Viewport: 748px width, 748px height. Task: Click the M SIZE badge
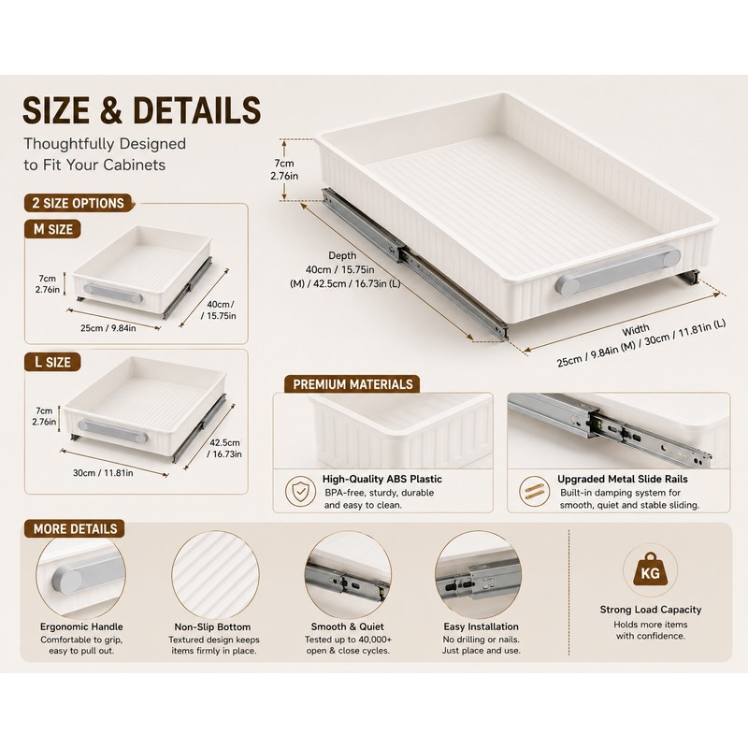[52, 229]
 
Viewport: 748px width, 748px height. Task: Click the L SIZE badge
[52, 362]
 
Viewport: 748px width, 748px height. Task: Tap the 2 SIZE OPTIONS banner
[79, 203]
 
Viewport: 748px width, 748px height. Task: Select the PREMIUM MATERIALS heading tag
[352, 384]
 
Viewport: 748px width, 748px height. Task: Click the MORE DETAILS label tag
[75, 528]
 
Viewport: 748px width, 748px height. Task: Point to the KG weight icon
[650, 570]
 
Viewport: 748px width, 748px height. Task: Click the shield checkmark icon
[300, 492]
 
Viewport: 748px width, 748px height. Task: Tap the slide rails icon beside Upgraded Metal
[534, 492]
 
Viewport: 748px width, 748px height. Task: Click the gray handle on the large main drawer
[618, 270]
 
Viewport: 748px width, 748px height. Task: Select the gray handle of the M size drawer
[113, 294]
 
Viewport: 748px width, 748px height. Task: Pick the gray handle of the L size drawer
[113, 431]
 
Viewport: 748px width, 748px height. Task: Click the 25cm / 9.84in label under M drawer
[108, 328]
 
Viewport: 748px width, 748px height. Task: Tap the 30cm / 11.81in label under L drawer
[103, 473]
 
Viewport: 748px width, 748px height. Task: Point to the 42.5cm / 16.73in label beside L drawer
[224, 449]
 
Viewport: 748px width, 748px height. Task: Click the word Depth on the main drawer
[342, 255]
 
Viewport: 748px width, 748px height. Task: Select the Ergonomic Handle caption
[81, 626]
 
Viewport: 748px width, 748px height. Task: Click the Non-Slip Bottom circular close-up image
[216, 574]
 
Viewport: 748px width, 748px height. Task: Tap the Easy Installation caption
[481, 626]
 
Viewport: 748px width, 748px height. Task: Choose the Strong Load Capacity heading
[651, 610]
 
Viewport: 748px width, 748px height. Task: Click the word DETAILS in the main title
[197, 110]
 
